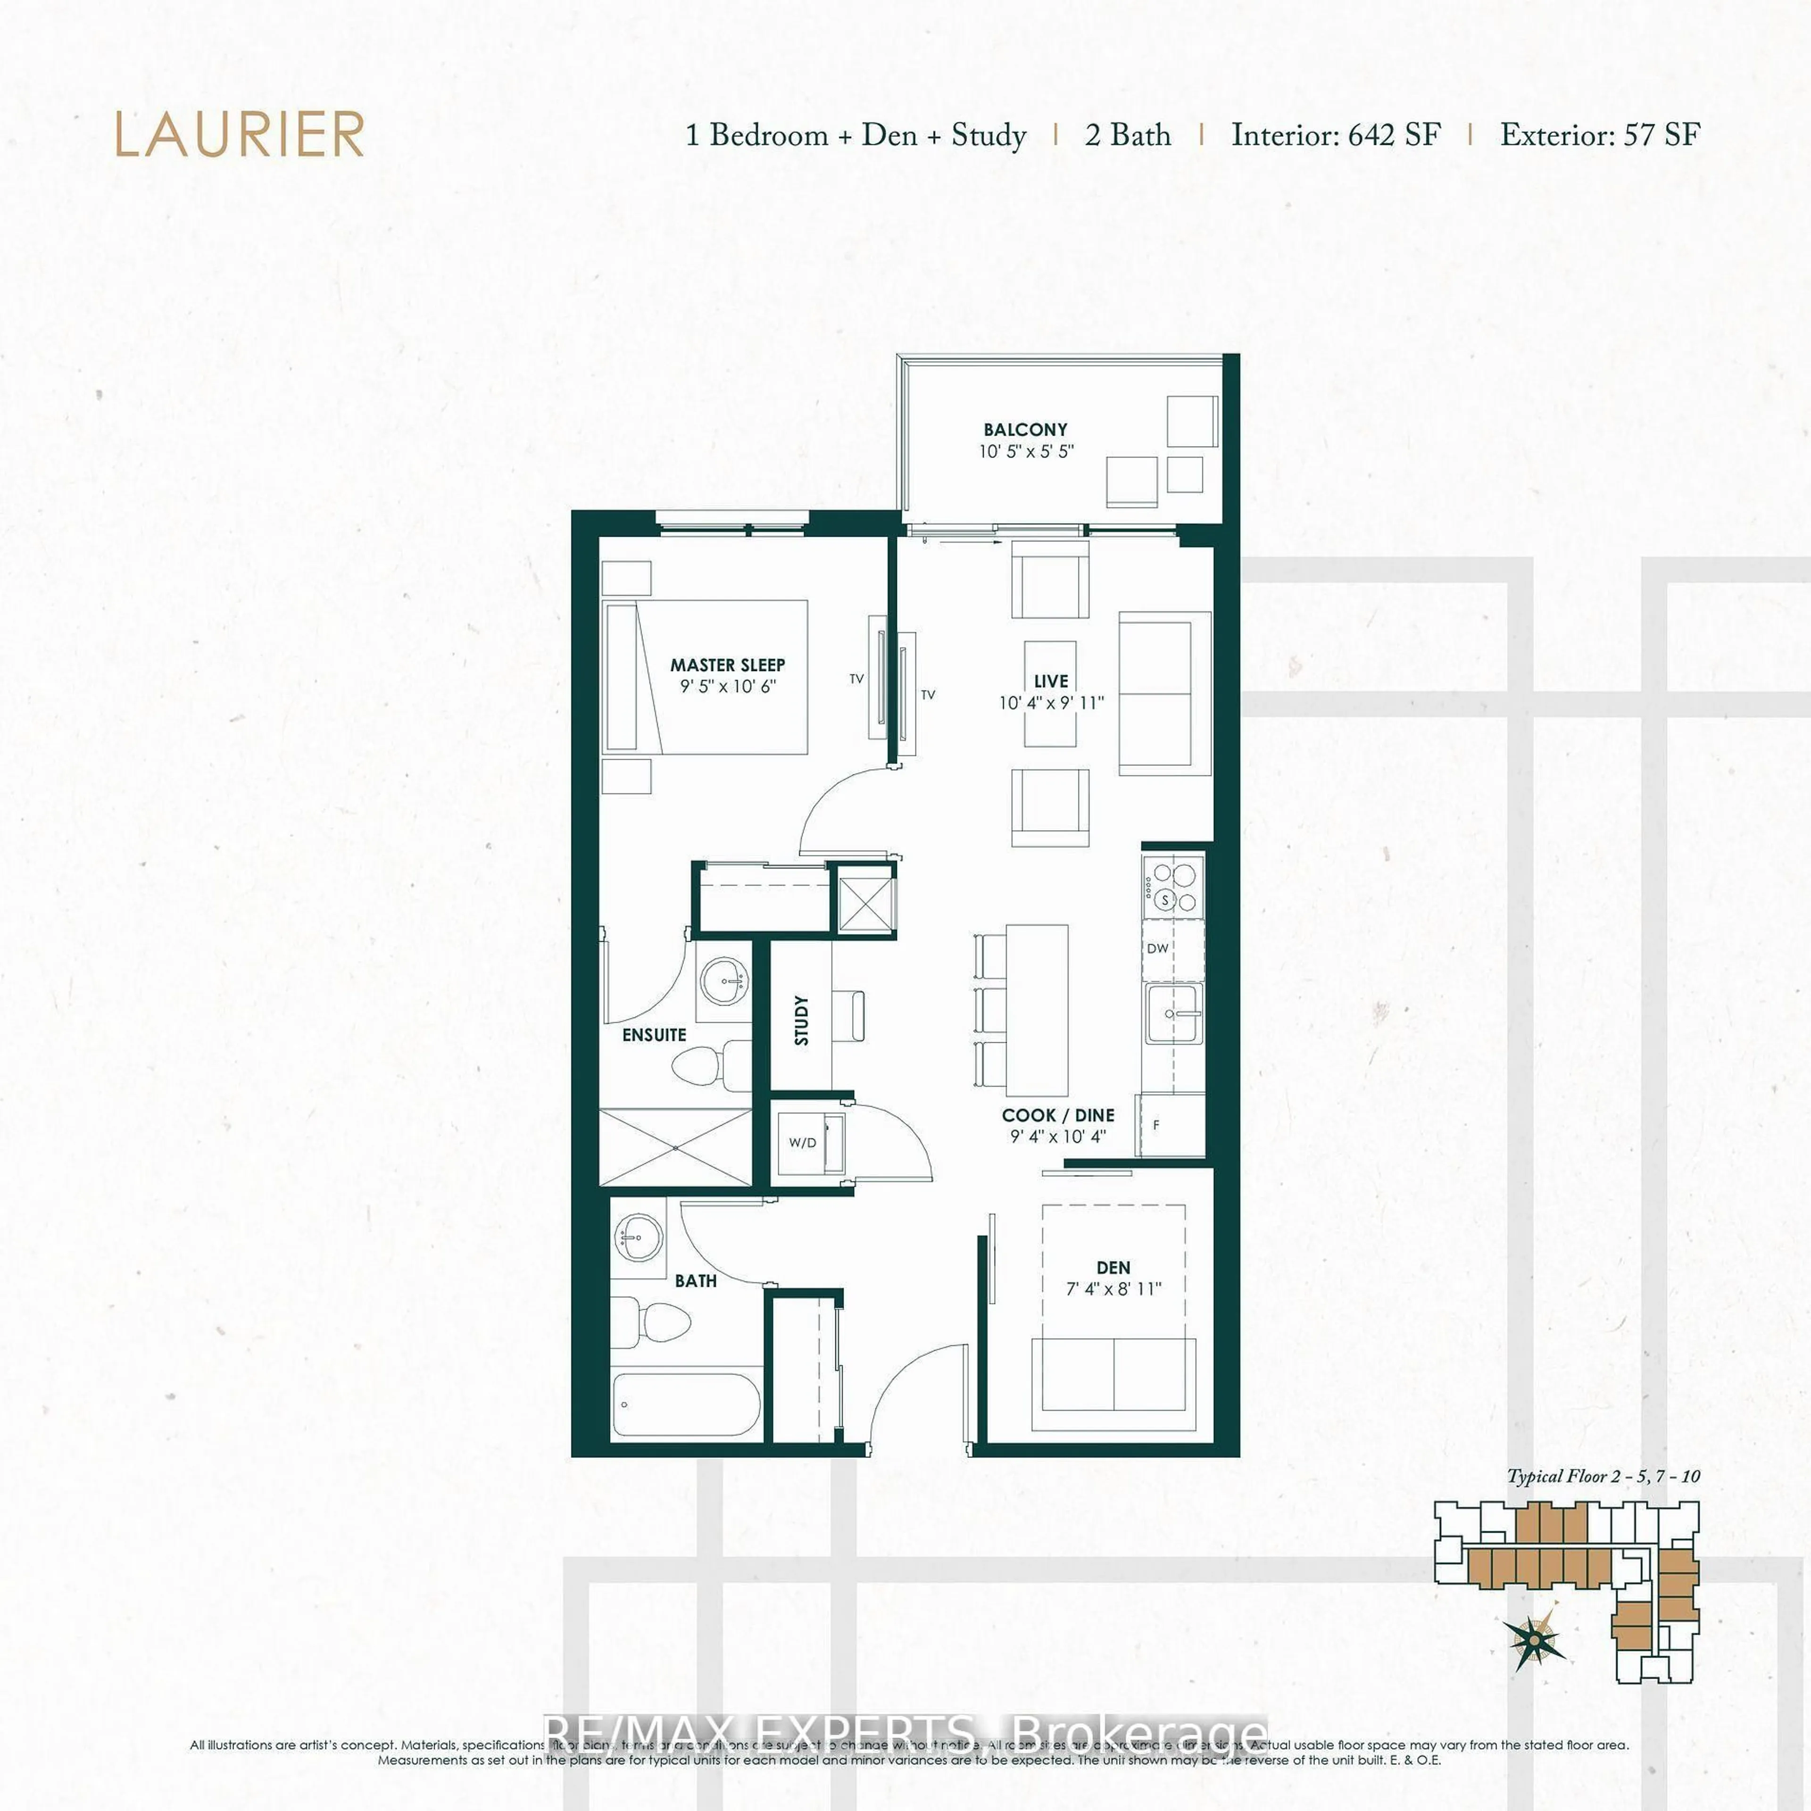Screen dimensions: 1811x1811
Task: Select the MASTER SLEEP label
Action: pos(727,665)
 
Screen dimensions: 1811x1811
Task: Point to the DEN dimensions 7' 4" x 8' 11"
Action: pos(1113,1289)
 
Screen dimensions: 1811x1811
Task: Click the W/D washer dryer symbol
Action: pos(802,1143)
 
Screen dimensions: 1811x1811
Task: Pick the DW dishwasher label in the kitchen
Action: pos(1158,948)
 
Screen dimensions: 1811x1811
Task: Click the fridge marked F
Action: pos(1170,1125)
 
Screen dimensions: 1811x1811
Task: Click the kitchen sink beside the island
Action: pos(1171,1013)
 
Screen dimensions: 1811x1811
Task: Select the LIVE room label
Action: pos(1051,681)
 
